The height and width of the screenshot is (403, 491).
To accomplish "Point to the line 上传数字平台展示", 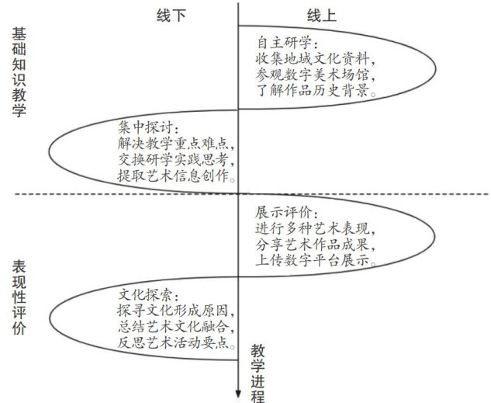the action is coord(318,262).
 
